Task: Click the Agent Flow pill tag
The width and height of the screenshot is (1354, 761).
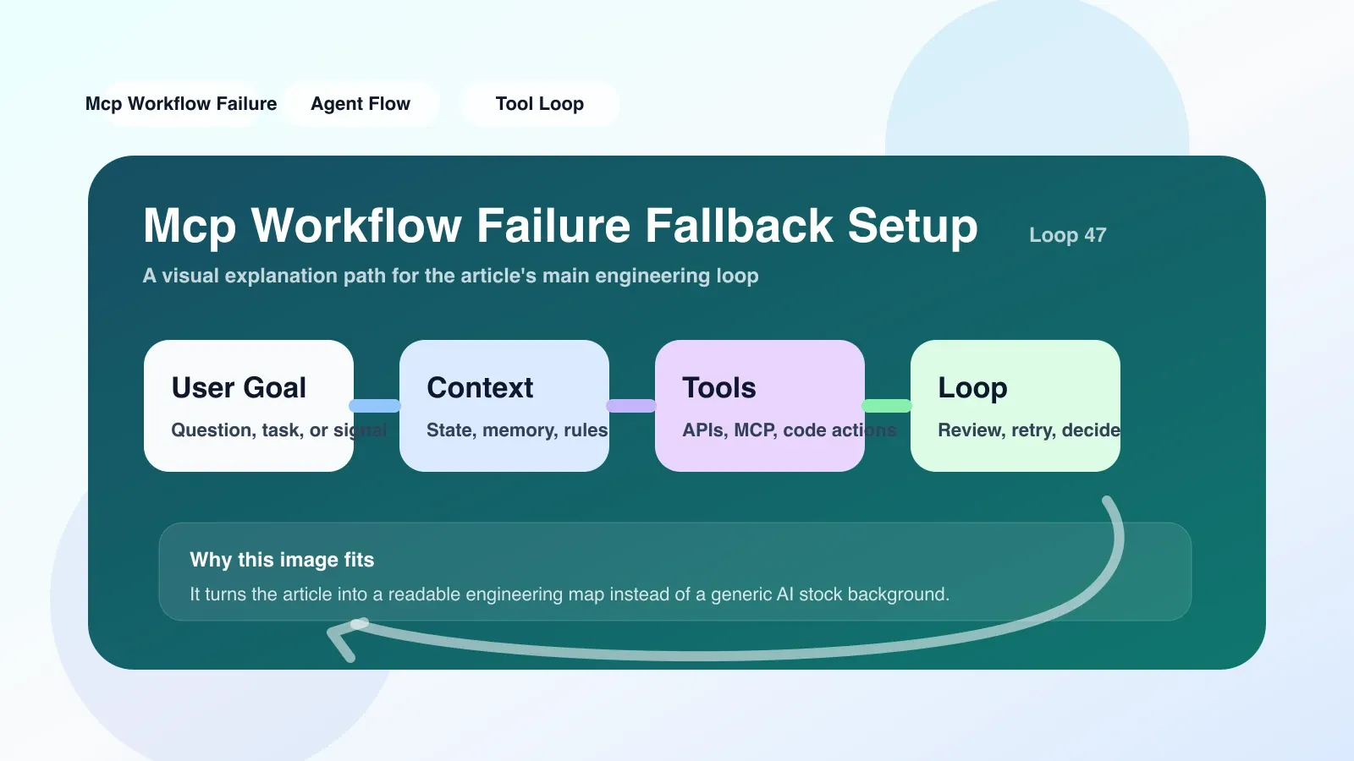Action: pyautogui.click(x=361, y=104)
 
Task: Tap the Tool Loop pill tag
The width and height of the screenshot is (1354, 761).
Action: pyautogui.click(x=540, y=104)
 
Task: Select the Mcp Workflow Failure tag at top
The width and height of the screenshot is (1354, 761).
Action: pyautogui.click(x=181, y=104)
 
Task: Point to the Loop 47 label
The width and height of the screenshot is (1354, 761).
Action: pyautogui.click(x=1067, y=235)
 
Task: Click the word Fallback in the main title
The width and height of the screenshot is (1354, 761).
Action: pyautogui.click(x=739, y=225)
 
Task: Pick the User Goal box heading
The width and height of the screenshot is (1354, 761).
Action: pyautogui.click(x=239, y=388)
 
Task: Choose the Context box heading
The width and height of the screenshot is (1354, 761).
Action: pyautogui.click(x=480, y=388)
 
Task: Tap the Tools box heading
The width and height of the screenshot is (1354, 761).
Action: pyautogui.click(x=718, y=388)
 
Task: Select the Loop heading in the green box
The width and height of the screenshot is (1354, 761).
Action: pyautogui.click(x=972, y=389)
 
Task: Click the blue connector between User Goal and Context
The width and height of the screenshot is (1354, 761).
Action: pyautogui.click(x=376, y=406)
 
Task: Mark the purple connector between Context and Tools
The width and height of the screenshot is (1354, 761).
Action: pyautogui.click(x=631, y=406)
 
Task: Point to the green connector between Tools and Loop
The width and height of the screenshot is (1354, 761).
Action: pyautogui.click(x=888, y=406)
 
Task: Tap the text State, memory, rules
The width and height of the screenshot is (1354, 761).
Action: pyautogui.click(x=517, y=430)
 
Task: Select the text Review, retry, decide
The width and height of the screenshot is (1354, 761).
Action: pyautogui.click(x=1029, y=430)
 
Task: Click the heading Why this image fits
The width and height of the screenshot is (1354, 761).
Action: pyautogui.click(x=282, y=560)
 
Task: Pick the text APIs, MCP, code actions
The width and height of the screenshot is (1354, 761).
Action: pyautogui.click(x=790, y=430)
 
